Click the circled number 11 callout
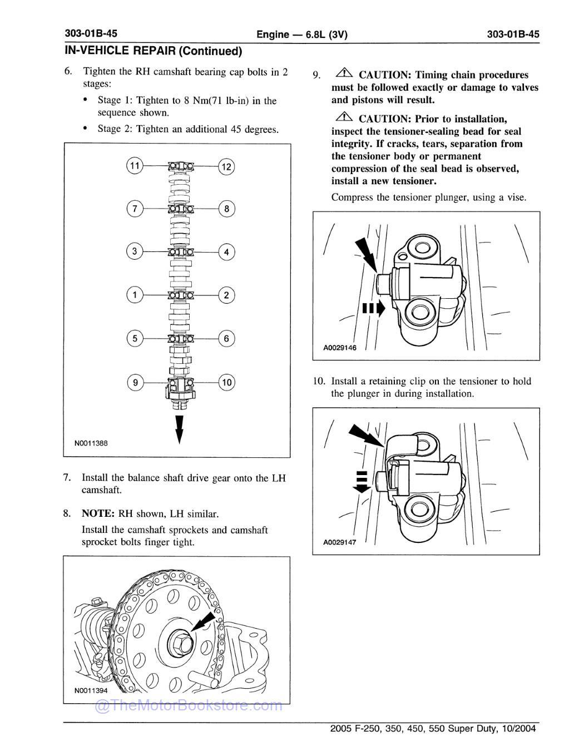135,166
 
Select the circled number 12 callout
226,166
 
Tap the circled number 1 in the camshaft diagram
135,295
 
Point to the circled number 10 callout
226,383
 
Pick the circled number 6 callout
226,338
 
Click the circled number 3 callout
135,251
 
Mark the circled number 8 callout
226,209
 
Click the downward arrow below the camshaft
179,428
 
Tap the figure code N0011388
91,443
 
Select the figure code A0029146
339,348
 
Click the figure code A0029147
339,542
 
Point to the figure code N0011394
91,690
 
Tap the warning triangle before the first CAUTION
344,74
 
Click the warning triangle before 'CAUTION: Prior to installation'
344,118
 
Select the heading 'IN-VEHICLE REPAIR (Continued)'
154,51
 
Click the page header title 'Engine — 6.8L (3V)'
301,34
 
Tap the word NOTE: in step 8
98,513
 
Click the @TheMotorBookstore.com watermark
189,706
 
